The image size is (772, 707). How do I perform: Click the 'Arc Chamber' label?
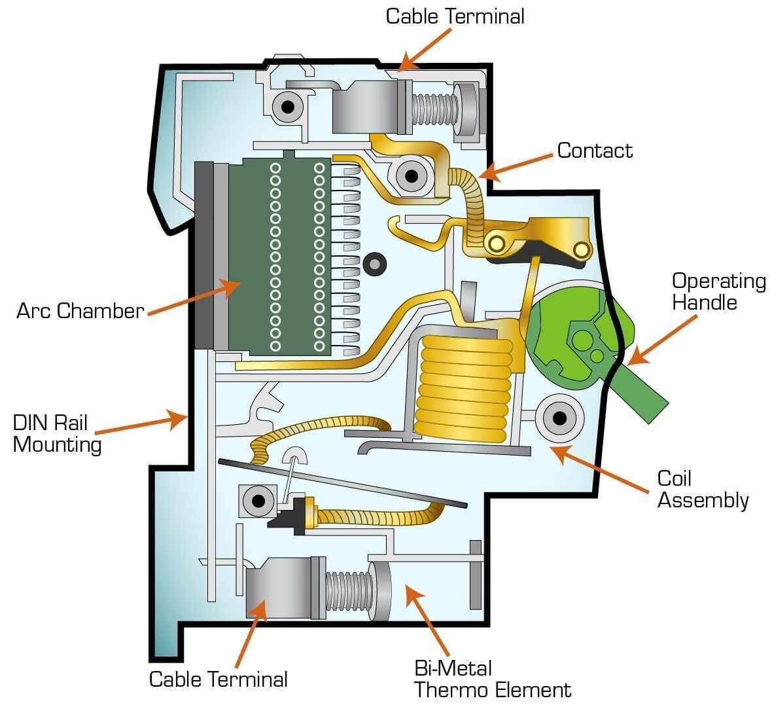click(x=80, y=310)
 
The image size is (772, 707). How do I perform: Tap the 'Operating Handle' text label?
click(x=718, y=291)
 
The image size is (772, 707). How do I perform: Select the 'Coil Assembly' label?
click(x=702, y=489)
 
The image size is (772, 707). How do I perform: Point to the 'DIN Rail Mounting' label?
click(x=58, y=433)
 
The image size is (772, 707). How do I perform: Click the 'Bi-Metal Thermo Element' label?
click(x=493, y=679)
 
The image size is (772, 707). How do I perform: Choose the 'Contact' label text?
click(x=595, y=151)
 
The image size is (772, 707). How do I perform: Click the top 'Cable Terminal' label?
click(x=455, y=16)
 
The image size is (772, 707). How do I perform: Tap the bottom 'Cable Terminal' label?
click(x=218, y=679)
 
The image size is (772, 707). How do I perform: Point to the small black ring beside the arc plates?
click(x=376, y=263)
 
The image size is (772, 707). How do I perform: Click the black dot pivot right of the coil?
click(x=559, y=417)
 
